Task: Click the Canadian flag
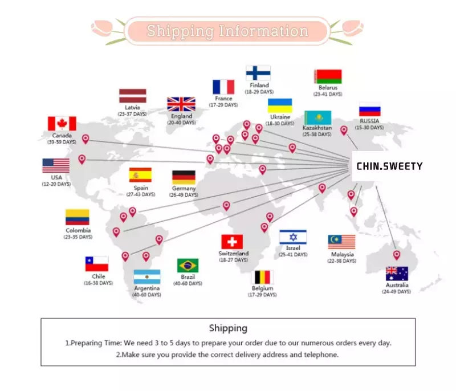tap(62, 124)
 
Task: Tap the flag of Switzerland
tap(232, 242)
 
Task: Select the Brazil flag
tap(188, 266)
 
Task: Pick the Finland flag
tap(258, 73)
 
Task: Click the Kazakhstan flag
tap(318, 117)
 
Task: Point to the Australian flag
tap(397, 274)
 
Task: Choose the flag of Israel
tap(293, 237)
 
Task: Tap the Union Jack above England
tap(181, 104)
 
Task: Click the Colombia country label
tap(78, 230)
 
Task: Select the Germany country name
tap(184, 188)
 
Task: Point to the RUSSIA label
tap(369, 121)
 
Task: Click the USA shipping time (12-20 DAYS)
tap(56, 184)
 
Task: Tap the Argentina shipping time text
tap(146, 295)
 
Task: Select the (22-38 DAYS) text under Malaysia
tap(341, 261)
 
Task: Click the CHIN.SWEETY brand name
tap(389, 166)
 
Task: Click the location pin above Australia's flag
tap(397, 255)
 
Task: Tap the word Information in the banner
tap(263, 31)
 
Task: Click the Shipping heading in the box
tap(229, 328)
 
